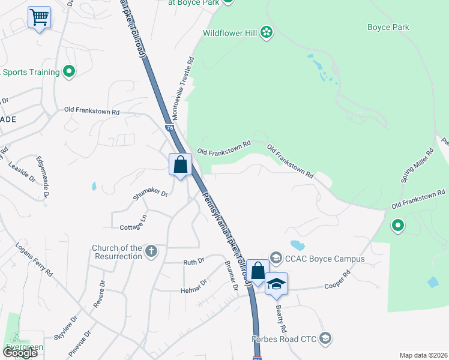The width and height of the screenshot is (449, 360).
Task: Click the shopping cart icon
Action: coord(39,17)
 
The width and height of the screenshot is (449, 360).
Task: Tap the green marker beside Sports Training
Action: coord(69,72)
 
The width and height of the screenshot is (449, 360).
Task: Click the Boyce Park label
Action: coord(388,27)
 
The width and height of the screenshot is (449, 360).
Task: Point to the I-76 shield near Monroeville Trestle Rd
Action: coord(169,127)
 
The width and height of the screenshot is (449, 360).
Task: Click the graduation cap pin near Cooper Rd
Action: coord(276,284)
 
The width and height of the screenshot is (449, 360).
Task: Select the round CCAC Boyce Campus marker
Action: coord(276,259)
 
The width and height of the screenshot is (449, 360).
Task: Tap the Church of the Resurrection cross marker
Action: coord(151,251)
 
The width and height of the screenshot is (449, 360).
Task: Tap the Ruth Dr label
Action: coord(194,262)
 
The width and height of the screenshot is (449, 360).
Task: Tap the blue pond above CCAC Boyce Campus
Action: coord(297,245)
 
